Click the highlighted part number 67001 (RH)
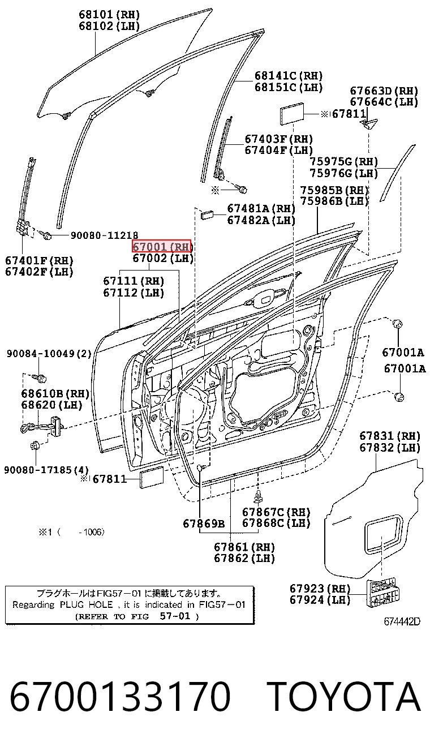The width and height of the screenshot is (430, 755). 161,246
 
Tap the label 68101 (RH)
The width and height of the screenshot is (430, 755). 109,15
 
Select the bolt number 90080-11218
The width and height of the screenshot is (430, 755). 105,235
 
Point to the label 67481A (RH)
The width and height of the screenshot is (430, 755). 261,208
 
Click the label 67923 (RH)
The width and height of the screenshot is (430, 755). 320,598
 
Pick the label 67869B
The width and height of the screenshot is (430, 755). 204,524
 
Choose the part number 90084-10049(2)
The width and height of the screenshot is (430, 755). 49,353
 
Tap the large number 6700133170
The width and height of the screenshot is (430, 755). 120,696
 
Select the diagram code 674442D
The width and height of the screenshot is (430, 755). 402,621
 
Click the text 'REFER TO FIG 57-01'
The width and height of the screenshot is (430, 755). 137,616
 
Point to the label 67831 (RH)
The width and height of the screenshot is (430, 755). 390,436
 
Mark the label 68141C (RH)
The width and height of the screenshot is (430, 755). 289,75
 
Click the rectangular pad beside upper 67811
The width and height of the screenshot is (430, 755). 292,112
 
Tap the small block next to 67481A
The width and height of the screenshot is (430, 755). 207,215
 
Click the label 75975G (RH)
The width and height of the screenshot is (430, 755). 344,161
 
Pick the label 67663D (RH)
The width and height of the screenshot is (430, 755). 384,91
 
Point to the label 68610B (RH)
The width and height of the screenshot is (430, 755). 55,393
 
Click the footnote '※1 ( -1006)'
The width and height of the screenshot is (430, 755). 71,533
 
